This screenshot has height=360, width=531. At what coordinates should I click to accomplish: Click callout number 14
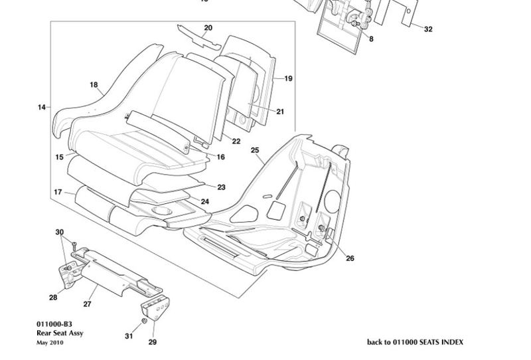point(42,107)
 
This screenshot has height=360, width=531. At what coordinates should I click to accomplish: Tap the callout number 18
point(94,84)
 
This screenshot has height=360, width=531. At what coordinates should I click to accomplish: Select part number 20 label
point(208,28)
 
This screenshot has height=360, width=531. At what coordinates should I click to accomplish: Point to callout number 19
point(288,78)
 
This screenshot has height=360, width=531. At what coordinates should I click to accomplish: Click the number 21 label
point(279,112)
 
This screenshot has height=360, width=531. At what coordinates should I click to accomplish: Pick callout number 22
point(236,140)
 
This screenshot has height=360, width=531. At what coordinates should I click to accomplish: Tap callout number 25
point(255,150)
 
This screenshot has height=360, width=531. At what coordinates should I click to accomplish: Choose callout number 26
point(350,258)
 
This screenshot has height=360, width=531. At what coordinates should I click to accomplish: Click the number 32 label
point(428,29)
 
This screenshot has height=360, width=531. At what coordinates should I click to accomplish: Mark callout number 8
point(370,40)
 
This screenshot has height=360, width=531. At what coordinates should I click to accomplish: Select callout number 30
point(59,232)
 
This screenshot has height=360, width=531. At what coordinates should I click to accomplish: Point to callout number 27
point(86,304)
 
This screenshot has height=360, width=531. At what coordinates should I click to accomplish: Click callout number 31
point(129,336)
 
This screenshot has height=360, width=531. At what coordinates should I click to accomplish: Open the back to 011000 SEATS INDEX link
point(415,342)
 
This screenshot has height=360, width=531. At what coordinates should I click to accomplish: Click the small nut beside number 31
point(143,322)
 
